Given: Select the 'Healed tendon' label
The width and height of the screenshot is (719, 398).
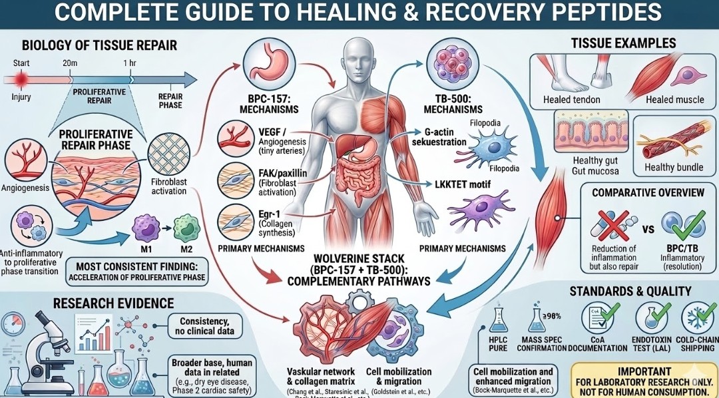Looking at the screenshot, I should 572,100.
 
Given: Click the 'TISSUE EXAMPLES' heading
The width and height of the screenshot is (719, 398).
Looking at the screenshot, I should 623,44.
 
